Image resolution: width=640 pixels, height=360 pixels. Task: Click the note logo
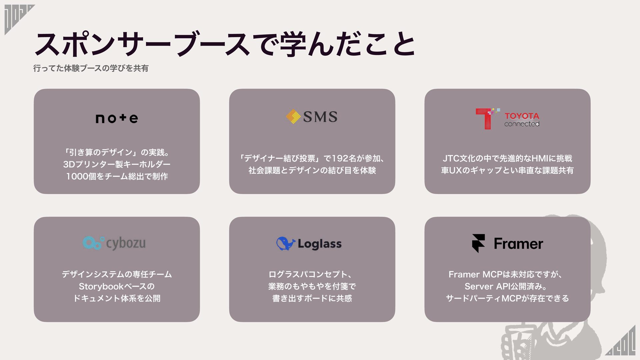coord(117,118)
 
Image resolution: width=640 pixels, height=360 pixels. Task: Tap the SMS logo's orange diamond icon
coord(293,117)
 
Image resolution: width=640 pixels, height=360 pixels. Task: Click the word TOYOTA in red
coord(522,116)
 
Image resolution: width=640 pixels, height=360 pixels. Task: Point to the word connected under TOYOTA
coord(522,124)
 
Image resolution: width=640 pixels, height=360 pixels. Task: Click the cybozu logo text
coord(126,243)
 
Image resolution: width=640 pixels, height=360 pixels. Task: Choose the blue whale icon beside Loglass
coord(285,244)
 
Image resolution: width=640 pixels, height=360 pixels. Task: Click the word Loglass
coord(319,244)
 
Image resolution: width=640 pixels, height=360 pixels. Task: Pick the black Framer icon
coord(478,243)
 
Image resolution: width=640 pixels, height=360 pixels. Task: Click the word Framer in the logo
coord(518,244)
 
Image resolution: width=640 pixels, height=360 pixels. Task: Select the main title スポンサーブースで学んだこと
coord(225,44)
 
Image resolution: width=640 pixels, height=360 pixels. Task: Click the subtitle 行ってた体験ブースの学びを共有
coord(91,68)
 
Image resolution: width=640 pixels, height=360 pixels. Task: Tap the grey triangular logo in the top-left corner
coord(17,18)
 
